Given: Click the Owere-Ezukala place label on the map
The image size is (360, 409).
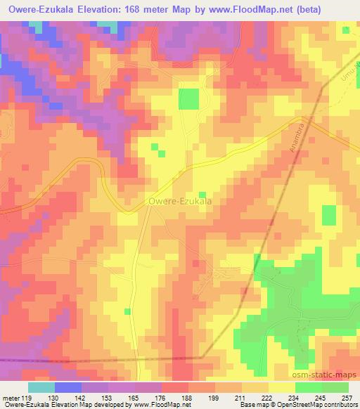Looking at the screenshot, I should [181, 202].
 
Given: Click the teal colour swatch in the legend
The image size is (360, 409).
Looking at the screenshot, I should [41, 387].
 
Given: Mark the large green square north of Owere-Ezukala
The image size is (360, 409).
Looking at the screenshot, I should [188, 99].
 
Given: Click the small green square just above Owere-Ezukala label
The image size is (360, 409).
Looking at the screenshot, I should [202, 195].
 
